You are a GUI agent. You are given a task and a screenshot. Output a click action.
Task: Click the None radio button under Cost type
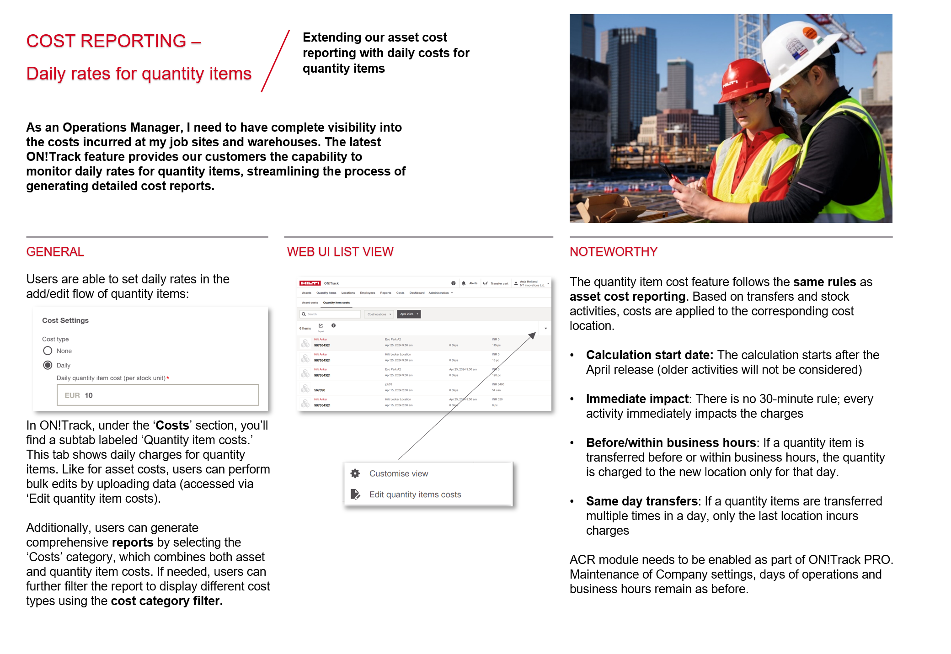(48, 351)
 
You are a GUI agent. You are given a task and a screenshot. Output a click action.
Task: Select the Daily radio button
(48, 365)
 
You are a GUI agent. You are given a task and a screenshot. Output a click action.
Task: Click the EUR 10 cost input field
(158, 395)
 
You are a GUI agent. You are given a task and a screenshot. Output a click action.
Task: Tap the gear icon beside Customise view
(355, 473)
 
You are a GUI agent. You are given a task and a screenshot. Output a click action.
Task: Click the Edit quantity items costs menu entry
(415, 494)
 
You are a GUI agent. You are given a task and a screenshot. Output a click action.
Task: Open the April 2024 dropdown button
(409, 314)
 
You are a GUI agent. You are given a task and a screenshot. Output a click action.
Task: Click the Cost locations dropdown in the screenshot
(379, 314)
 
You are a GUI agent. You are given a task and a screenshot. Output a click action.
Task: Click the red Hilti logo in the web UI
(310, 283)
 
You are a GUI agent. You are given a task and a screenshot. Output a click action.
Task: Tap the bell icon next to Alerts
(464, 283)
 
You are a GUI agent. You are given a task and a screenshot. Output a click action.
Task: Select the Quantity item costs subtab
(336, 303)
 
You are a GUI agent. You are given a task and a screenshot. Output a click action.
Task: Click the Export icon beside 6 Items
(321, 326)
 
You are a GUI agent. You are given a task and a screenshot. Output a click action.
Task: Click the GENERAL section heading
(55, 252)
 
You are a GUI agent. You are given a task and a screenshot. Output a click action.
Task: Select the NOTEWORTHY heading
(613, 252)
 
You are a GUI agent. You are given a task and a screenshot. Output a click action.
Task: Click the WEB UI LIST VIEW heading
(340, 252)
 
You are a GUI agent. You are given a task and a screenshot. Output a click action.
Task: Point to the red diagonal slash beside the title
(275, 61)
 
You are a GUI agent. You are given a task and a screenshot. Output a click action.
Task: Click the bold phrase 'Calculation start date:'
(649, 355)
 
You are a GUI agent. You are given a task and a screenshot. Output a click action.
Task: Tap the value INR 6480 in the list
(498, 384)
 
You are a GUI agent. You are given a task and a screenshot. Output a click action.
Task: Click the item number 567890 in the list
(320, 390)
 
